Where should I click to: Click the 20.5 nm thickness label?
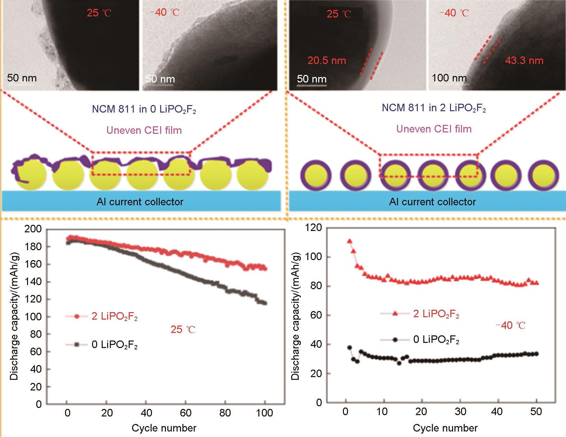point(327,61)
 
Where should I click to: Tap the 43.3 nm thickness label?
point(524,61)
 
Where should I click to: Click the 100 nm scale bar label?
point(449,78)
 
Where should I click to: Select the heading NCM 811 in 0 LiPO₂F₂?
point(144,110)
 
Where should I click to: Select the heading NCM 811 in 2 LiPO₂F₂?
point(434,108)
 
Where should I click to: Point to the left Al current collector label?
point(140,202)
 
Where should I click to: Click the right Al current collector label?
point(432,202)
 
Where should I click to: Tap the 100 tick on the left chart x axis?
point(265,413)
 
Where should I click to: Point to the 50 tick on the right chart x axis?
point(536,412)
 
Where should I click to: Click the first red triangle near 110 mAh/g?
point(349,241)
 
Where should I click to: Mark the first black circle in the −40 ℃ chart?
point(349,348)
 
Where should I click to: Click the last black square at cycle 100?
point(265,303)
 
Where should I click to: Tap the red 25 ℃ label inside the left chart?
point(183,330)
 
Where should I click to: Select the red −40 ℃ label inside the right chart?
point(510,325)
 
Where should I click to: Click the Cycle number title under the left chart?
point(164,428)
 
